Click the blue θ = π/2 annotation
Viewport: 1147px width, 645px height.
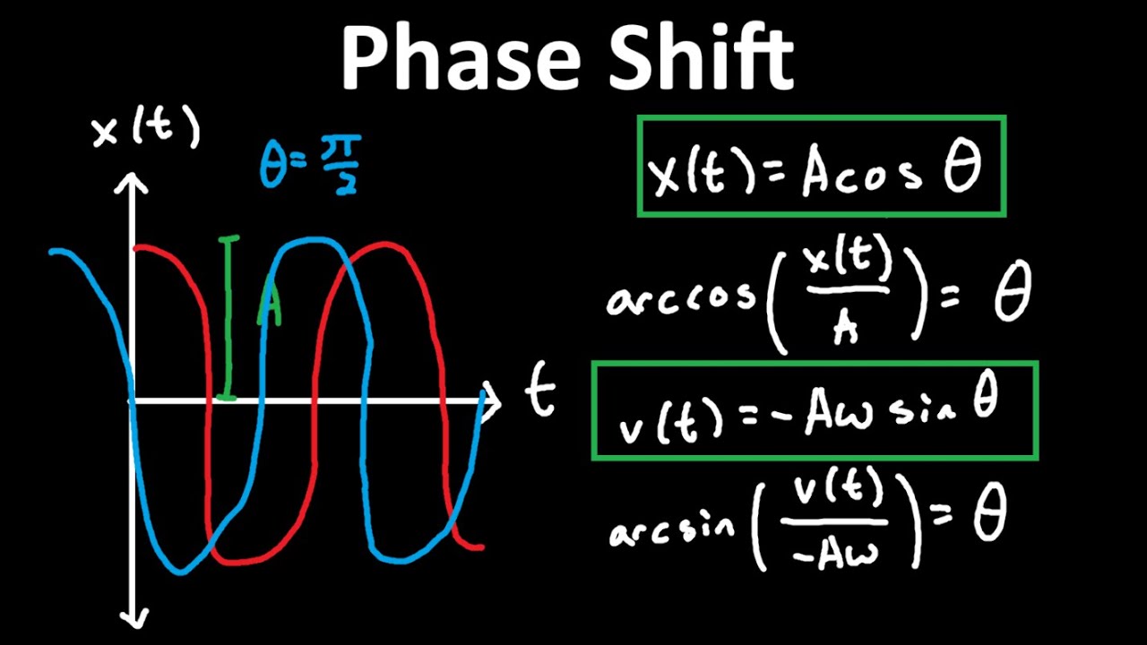tap(310, 165)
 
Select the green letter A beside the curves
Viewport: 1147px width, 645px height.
tap(270, 307)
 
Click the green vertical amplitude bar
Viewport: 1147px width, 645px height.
tap(229, 318)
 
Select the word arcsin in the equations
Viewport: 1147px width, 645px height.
tap(672, 529)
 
